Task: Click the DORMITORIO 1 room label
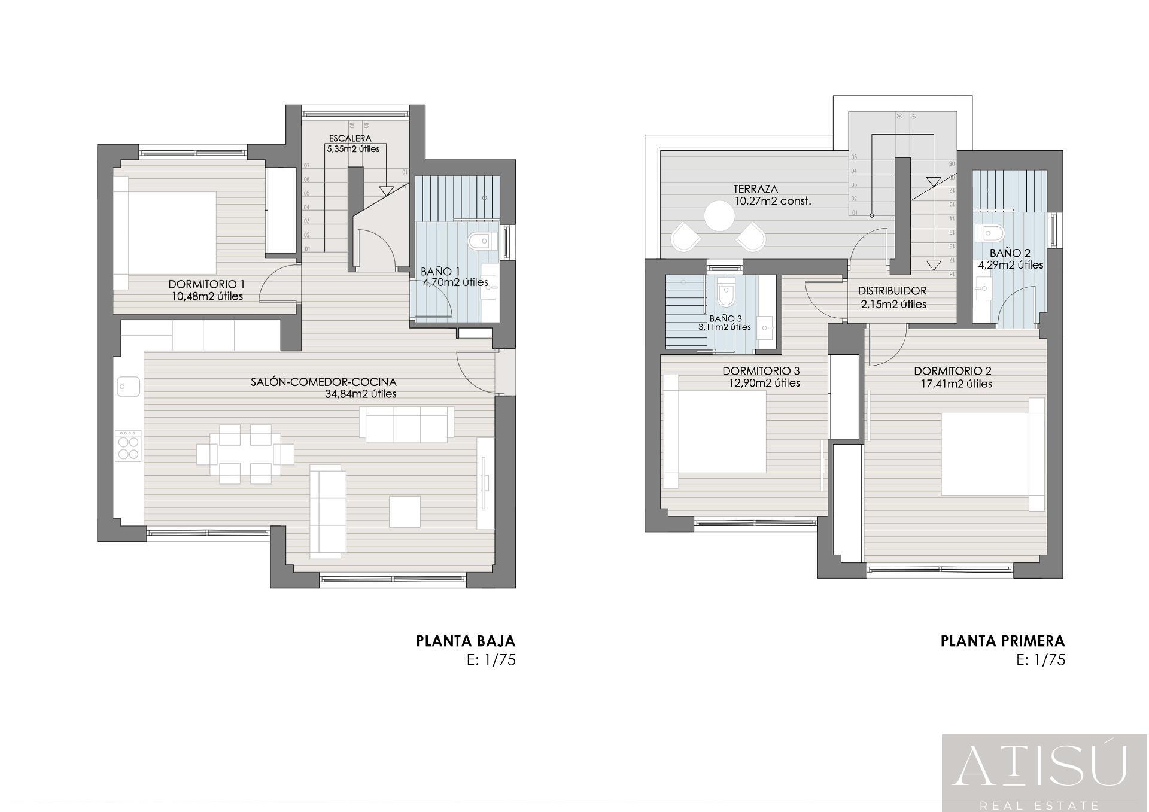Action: [x=206, y=284]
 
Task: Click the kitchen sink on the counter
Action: [x=128, y=386]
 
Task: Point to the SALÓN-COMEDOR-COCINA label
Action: [x=323, y=382]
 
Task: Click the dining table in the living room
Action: [x=245, y=454]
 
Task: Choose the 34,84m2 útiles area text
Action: [x=360, y=394]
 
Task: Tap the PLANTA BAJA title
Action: [x=465, y=641]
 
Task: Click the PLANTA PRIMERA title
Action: [x=1002, y=641]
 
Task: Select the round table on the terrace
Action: [x=719, y=216]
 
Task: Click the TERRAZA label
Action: [x=755, y=189]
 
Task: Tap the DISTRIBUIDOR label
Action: [x=892, y=291]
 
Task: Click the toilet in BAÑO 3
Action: [x=725, y=294]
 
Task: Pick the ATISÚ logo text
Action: [x=1040, y=767]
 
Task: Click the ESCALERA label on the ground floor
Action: [x=350, y=138]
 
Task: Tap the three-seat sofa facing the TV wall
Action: [x=407, y=424]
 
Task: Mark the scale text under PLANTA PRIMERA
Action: [x=1041, y=660]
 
